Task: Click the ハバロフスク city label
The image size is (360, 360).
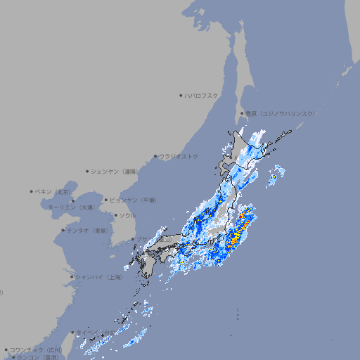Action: pyautogui.click(x=202, y=95)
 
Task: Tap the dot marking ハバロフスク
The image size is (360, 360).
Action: pyautogui.click(x=181, y=95)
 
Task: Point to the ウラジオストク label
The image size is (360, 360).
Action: pyautogui.click(x=179, y=156)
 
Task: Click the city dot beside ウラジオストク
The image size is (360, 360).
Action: pyautogui.click(x=155, y=156)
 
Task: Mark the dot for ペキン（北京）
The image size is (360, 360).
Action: pyautogui.click(x=31, y=191)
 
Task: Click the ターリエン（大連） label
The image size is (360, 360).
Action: pyautogui.click(x=71, y=208)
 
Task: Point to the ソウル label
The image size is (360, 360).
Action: pyautogui.click(x=127, y=215)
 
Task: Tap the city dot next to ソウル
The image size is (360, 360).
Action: pyautogui.click(x=115, y=215)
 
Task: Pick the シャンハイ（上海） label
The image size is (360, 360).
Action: pyautogui.click(x=99, y=277)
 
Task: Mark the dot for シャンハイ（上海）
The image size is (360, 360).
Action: pyautogui.click(x=72, y=277)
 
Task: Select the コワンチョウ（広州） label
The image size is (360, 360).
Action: pyautogui.click(x=36, y=349)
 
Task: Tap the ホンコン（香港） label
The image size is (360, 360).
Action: pyautogui.click(x=38, y=357)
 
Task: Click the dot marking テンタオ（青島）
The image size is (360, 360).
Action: pyautogui.click(x=63, y=230)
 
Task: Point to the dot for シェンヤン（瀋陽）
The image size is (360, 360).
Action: pyautogui.click(x=87, y=171)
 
